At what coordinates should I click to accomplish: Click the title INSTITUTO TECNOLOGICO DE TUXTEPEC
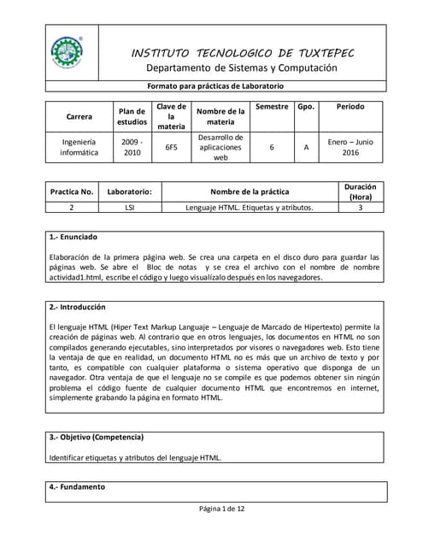click(242, 53)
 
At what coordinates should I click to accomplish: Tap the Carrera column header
click(79, 116)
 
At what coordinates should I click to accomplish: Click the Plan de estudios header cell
click(132, 116)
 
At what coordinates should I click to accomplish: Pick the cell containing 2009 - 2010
click(132, 147)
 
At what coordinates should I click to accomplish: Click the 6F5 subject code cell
click(171, 147)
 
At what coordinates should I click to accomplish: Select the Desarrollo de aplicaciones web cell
click(220, 147)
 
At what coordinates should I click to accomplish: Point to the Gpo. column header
click(305, 107)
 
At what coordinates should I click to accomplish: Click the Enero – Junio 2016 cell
click(350, 147)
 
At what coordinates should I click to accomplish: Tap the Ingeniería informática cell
click(79, 147)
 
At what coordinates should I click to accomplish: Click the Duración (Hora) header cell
click(360, 191)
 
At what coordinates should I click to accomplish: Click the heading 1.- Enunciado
click(73, 237)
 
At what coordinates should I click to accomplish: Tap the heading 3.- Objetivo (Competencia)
click(102, 438)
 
